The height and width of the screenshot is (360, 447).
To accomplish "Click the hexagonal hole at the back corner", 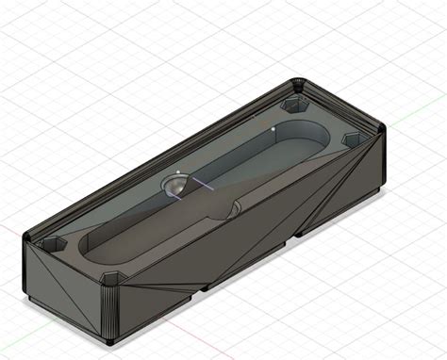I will [294, 99].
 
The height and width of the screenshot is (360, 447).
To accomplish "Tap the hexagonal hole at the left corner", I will [48, 243].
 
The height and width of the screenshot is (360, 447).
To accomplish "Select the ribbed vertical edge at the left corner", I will [25, 269].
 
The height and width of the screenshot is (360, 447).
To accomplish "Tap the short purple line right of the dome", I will [200, 186].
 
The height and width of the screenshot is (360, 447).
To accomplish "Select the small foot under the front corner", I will [112, 339].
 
